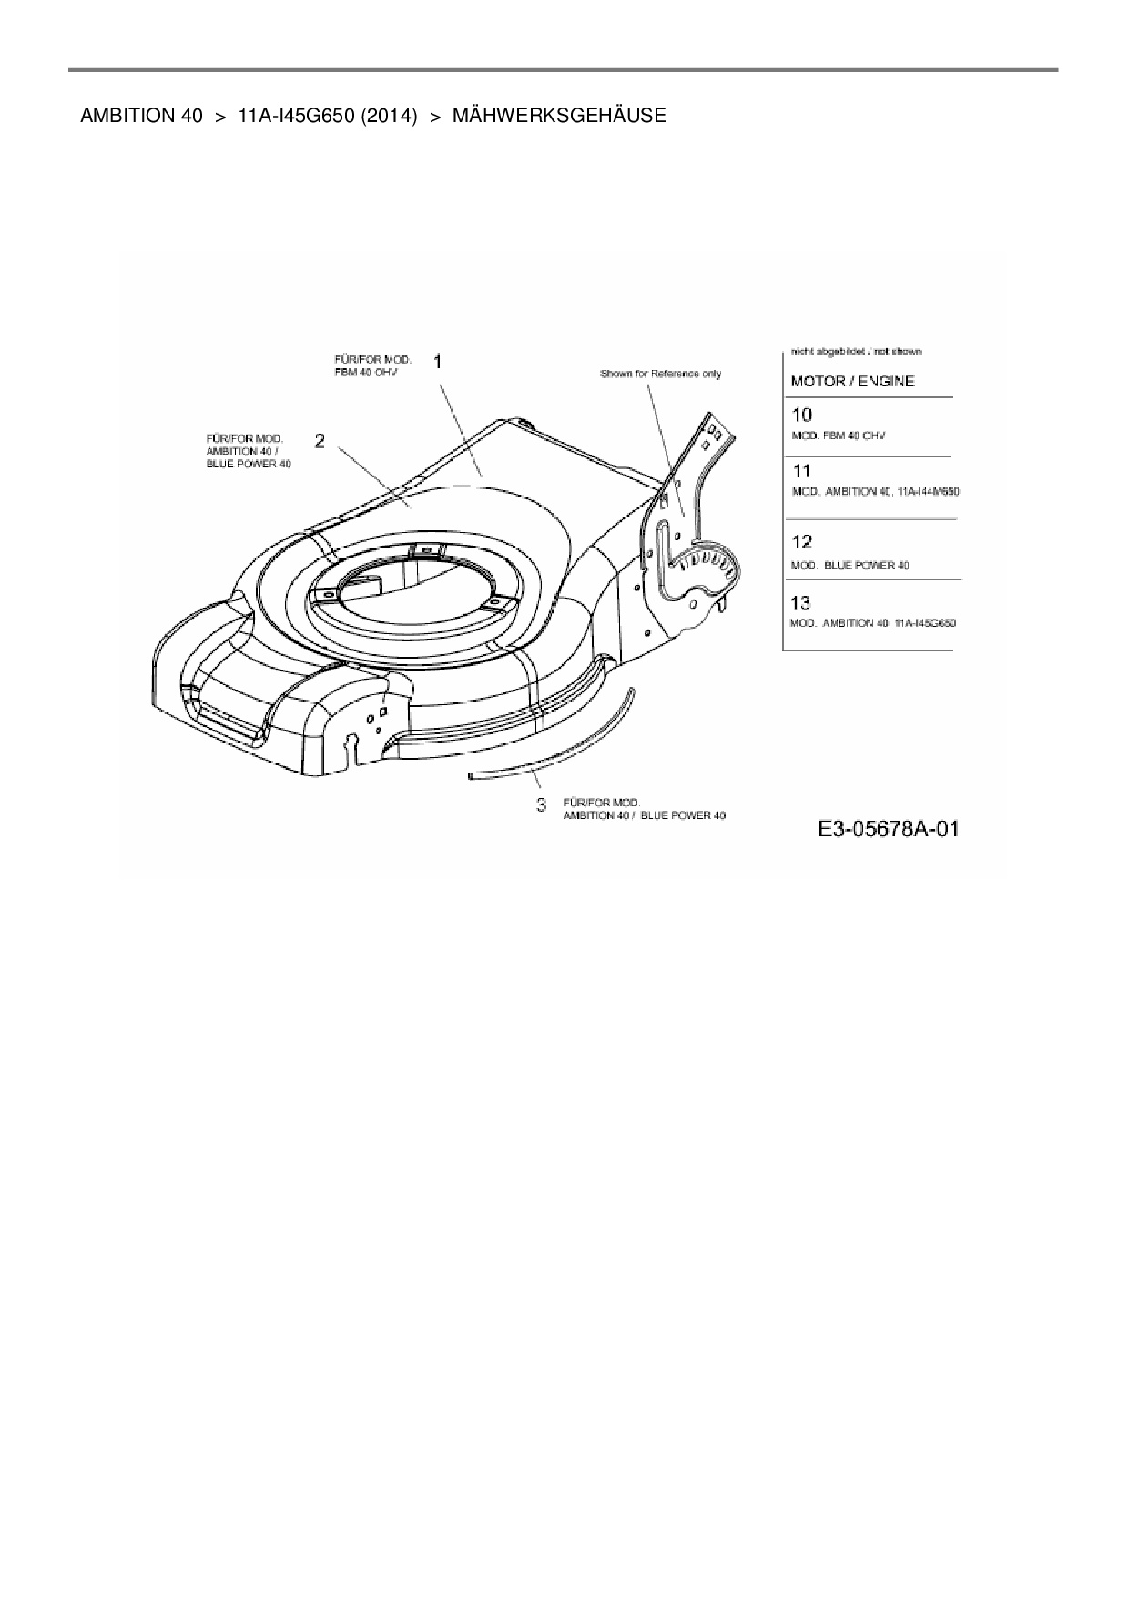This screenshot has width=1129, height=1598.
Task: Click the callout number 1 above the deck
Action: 439,362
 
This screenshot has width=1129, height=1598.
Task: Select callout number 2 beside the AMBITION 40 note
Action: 320,441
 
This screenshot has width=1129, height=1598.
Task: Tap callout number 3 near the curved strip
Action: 542,804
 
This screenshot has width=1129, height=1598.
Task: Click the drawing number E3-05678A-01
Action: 888,829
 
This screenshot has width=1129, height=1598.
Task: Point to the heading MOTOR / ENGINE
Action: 852,381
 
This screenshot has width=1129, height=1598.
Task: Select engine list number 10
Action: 801,415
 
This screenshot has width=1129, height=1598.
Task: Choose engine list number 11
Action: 801,471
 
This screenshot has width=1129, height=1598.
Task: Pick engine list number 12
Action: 801,542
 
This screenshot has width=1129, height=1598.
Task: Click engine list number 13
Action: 801,602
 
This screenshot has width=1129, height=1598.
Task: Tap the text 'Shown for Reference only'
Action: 660,374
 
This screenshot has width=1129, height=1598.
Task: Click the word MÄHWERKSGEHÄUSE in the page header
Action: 559,116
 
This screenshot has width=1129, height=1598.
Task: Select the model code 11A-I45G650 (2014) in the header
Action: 327,116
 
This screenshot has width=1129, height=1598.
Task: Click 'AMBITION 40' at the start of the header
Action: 141,116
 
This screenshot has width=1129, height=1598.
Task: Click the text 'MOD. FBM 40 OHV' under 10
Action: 838,435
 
